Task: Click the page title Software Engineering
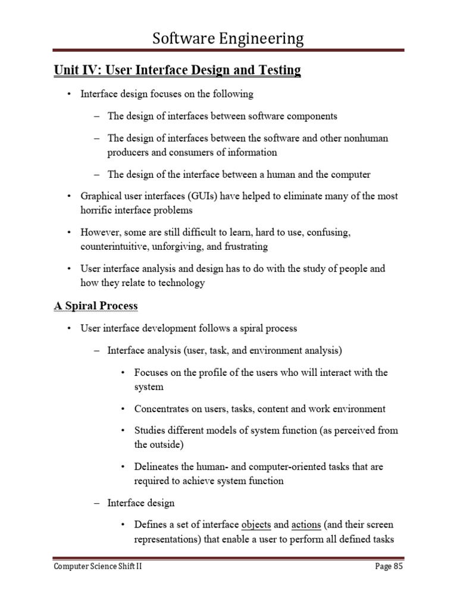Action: click(x=228, y=39)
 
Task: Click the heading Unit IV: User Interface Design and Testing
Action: click(x=177, y=70)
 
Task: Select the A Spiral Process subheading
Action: click(x=96, y=306)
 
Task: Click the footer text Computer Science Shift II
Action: click(x=98, y=567)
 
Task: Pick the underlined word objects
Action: click(x=256, y=525)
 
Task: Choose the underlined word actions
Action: click(x=306, y=525)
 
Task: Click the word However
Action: click(x=99, y=231)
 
